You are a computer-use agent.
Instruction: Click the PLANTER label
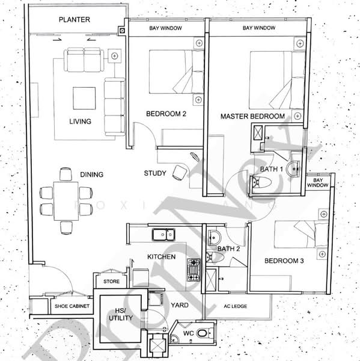tap(75, 20)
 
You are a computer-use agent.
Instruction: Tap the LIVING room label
tap(80, 121)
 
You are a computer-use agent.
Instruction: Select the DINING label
tap(92, 175)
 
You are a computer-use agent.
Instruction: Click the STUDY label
tap(155, 174)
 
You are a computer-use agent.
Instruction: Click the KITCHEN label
tap(162, 257)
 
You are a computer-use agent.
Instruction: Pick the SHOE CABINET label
tap(72, 307)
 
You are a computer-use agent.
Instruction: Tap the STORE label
tap(112, 281)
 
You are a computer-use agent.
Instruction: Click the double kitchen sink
tap(163, 233)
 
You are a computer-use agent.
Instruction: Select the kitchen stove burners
tap(194, 270)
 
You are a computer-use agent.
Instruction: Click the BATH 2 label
tap(228, 248)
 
